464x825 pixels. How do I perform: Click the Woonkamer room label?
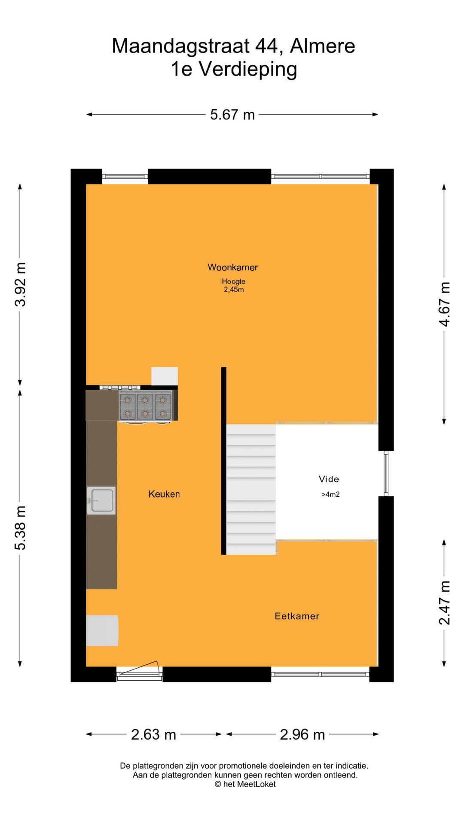(x=233, y=267)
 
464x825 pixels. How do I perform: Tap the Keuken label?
(x=164, y=494)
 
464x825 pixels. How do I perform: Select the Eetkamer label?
(x=297, y=616)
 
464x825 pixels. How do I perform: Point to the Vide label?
(x=329, y=479)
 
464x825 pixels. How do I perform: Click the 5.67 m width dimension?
(x=232, y=115)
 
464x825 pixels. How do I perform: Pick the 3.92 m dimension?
(x=20, y=284)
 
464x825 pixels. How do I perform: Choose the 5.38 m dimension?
(x=20, y=528)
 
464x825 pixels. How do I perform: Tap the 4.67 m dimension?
(x=444, y=304)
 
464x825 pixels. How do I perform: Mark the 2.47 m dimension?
(x=444, y=602)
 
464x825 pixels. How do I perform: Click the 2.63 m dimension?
(x=153, y=734)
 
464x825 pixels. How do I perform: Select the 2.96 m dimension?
(x=302, y=734)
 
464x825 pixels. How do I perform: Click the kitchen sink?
(x=101, y=501)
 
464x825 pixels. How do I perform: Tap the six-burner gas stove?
(x=145, y=406)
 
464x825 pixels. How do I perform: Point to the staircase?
(x=251, y=489)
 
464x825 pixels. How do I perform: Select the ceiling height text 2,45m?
(x=234, y=290)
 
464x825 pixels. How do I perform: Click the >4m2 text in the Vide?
(x=330, y=495)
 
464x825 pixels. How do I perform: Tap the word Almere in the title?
(x=323, y=46)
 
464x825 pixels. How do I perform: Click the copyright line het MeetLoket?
(x=245, y=784)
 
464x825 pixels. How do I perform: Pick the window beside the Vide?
(x=386, y=474)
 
